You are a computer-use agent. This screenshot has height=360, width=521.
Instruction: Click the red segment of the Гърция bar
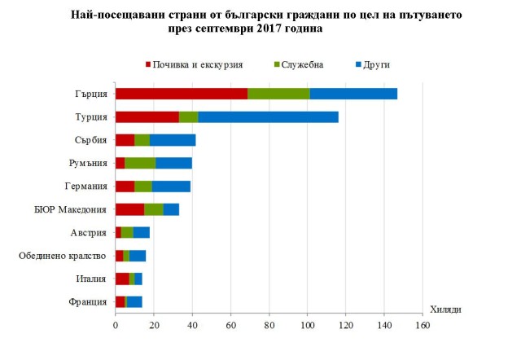tap(181, 93)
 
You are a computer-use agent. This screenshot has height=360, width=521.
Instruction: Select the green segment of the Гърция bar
tap(278, 93)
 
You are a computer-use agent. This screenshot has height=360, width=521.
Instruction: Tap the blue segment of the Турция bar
tap(268, 116)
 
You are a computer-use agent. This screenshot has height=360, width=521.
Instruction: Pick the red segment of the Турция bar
tap(147, 116)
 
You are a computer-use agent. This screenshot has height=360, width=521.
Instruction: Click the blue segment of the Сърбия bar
tap(173, 139)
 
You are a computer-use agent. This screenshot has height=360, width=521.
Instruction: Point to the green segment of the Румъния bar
tap(140, 163)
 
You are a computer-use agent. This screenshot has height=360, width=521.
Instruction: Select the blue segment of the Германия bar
tap(171, 186)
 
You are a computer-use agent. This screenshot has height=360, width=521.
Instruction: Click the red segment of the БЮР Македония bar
tap(129, 209)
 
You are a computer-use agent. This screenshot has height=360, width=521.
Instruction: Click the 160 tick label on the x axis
tap(422, 326)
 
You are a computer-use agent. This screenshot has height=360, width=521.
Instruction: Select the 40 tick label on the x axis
tap(192, 326)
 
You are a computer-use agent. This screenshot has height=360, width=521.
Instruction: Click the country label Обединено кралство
tap(62, 256)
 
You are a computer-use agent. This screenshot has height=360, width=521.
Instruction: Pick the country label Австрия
tap(89, 233)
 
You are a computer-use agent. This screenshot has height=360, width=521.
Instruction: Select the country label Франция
tap(87, 302)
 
